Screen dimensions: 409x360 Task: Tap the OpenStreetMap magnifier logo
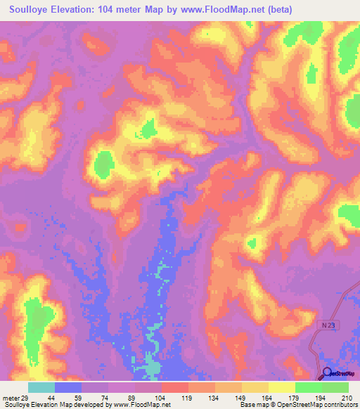[327, 374]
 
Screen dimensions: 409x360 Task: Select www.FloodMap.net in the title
[221, 10]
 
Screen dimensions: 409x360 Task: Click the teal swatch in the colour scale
[41, 387]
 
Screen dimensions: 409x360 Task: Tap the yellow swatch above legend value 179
[282, 387]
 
